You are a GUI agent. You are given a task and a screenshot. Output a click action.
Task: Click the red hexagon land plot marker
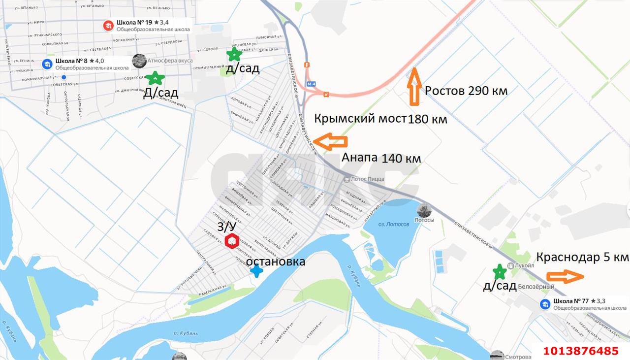tap(232, 242)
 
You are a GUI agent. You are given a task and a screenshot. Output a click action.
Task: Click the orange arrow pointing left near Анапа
tap(330, 142)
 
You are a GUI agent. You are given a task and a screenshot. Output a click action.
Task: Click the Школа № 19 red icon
tap(108, 25)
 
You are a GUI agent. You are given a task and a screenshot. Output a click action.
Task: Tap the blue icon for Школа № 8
tap(47, 64)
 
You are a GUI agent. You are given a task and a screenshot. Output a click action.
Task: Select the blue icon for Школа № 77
tap(545, 304)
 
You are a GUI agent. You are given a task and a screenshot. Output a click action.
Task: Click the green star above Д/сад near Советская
tap(156, 78)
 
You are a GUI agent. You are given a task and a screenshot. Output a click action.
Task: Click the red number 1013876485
tap(581, 351)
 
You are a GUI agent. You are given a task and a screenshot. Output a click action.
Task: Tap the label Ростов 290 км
tap(466, 91)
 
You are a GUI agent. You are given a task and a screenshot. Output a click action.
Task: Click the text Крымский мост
tap(360, 119)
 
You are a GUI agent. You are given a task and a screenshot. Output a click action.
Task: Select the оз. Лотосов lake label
tap(393, 224)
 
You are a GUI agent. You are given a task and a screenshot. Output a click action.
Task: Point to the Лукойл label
tap(524, 265)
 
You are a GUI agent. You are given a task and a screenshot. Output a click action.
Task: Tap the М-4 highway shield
tap(311, 84)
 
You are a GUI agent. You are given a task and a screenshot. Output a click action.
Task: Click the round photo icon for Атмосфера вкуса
tap(139, 61)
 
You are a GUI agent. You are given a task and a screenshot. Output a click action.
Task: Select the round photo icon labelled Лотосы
tap(424, 211)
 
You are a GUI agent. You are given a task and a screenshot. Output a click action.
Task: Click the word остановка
tap(276, 262)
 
